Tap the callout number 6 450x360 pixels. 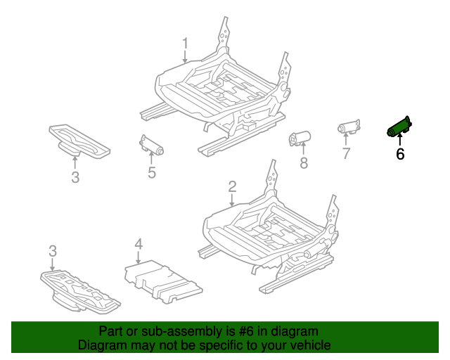[x=400, y=153]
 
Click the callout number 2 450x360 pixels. [x=232, y=187]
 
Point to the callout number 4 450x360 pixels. [x=139, y=245]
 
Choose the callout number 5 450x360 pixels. [x=151, y=172]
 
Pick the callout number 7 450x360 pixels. [x=346, y=153]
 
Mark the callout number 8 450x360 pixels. [x=304, y=163]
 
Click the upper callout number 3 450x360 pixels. [x=75, y=177]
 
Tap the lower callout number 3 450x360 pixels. [x=53, y=251]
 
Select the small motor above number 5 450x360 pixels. [x=150, y=144]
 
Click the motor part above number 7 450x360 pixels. [x=348, y=127]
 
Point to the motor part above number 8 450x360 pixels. [x=301, y=138]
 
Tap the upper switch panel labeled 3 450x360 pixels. [x=77, y=139]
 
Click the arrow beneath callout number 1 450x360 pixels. [x=185, y=59]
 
